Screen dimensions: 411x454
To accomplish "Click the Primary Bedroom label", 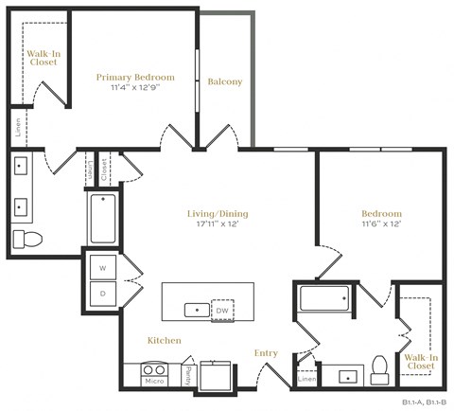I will (136, 77).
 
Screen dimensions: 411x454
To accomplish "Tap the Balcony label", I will (224, 82).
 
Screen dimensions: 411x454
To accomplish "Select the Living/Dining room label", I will (218, 213).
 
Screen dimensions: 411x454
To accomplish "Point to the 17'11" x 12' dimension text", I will (218, 224).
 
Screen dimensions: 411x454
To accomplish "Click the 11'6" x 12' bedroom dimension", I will (381, 224).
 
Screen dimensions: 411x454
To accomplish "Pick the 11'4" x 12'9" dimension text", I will (136, 88).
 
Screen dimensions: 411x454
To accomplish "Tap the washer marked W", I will (102, 268).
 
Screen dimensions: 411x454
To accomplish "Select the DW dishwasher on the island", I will (221, 310).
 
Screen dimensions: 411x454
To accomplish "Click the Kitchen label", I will (164, 340).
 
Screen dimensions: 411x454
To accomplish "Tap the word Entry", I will (266, 353).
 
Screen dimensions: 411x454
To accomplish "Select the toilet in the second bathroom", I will (381, 366).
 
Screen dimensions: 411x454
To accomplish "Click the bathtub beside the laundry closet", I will (102, 218).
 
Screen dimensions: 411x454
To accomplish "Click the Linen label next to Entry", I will (306, 379).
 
